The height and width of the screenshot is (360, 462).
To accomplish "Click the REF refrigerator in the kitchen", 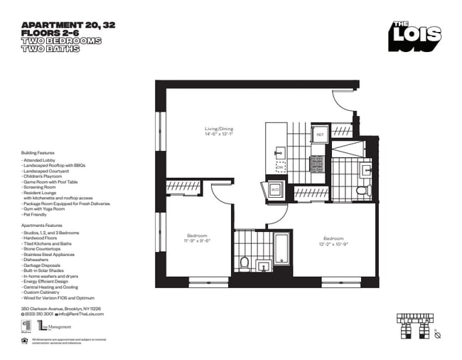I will coord(320,134).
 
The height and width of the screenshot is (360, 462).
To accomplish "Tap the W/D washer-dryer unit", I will coord(274,190).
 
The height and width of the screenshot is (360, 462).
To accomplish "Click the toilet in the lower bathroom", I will coord(245,264).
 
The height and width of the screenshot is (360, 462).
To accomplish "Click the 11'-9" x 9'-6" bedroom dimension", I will coord(197,240).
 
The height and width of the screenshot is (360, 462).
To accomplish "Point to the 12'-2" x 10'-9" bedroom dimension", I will coord(335,243).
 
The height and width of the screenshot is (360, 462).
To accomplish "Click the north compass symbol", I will coord(438,334).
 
